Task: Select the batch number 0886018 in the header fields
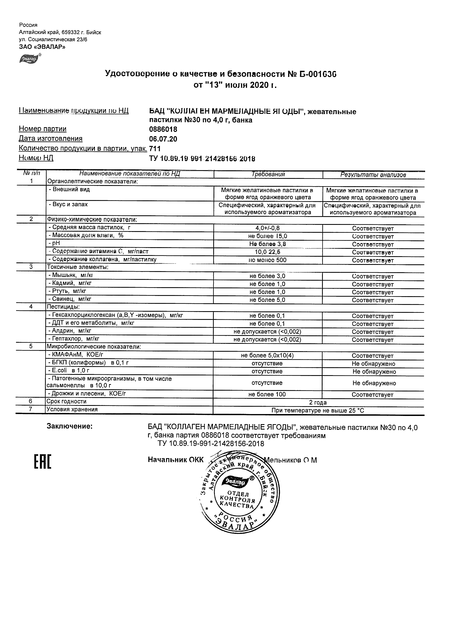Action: tap(163, 129)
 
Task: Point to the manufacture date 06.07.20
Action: tap(163, 139)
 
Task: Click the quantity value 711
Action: tap(155, 148)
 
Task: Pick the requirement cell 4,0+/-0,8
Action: tap(267, 228)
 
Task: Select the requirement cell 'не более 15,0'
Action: tap(267, 236)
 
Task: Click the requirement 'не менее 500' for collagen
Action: tap(267, 260)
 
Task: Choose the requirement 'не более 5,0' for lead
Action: tap(267, 300)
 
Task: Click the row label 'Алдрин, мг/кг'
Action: tap(70, 331)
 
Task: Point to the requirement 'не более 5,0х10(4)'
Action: tap(267, 356)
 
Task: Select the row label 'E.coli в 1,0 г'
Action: tap(69, 370)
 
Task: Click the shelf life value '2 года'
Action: tap(318, 402)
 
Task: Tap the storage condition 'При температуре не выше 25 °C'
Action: tap(318, 410)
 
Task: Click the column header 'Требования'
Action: tap(268, 174)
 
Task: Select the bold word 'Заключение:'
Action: tap(70, 426)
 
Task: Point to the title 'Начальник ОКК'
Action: tap(176, 460)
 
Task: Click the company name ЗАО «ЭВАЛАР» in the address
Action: tap(42, 47)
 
